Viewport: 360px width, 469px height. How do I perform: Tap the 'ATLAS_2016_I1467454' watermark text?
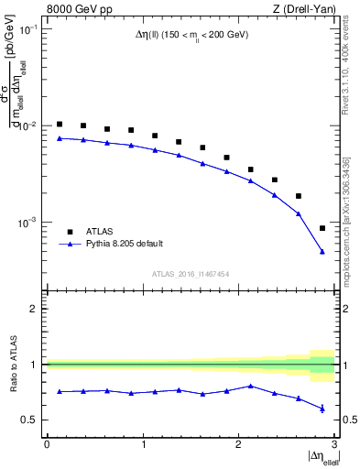point(191,274)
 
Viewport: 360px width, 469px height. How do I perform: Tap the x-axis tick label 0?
point(47,444)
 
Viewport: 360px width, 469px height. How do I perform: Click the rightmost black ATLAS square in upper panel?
point(322,228)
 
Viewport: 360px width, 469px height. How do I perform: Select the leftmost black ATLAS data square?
point(60,124)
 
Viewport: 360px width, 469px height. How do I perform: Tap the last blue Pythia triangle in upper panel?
point(322,251)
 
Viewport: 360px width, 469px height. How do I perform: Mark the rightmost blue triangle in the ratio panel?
point(322,409)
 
